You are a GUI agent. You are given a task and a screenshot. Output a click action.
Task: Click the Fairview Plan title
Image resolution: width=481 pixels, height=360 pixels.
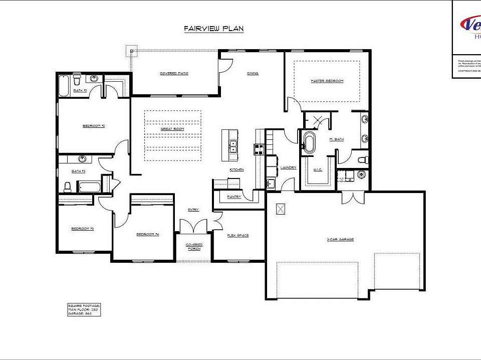pos(213,29)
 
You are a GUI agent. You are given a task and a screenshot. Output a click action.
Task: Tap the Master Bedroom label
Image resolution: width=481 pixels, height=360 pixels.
pos(327,81)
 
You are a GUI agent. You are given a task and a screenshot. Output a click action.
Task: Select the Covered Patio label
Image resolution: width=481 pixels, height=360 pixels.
pos(174,73)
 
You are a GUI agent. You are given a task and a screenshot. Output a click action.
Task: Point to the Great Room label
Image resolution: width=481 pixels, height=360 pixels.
pos(172,129)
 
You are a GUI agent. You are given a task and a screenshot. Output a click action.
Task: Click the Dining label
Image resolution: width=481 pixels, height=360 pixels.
pos(253,73)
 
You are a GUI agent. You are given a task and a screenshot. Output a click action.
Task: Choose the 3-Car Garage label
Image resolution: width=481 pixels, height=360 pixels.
pos(340,239)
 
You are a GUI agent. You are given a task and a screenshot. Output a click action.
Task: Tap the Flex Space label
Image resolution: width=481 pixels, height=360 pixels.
pos(238,235)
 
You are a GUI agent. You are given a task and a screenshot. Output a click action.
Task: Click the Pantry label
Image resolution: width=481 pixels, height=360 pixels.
pos(234,197)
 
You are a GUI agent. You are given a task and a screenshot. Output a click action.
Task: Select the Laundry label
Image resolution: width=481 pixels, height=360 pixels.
pos(289,167)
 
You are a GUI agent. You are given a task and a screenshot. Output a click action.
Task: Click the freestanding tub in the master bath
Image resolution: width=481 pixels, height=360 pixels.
pos(308,143)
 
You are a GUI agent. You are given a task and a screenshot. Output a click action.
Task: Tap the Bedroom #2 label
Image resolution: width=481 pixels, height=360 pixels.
pos(94,125)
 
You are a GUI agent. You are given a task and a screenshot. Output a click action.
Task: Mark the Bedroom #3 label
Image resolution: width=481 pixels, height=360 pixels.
pos(83,229)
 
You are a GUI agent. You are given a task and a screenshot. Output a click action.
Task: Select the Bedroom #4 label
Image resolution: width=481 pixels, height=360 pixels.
pos(147,234)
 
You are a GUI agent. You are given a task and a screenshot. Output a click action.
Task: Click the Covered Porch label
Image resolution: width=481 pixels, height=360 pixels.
pos(194,246)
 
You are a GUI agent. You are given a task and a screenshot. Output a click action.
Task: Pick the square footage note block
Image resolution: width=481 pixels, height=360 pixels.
pos(84,309)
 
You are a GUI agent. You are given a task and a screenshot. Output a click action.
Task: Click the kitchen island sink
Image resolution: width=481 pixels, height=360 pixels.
pos(233,146)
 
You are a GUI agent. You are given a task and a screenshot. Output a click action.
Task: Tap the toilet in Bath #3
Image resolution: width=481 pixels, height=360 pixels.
pos(68,187)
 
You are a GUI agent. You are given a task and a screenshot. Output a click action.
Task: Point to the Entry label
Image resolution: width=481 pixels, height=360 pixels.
pos(193,210)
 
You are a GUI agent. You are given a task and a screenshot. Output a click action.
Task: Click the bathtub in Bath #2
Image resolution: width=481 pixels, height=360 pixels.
pos(64,86)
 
